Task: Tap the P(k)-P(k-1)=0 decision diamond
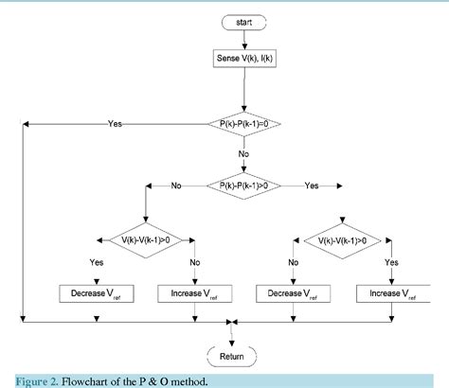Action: tap(243, 123)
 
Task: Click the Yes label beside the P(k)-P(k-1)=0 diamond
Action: tap(116, 123)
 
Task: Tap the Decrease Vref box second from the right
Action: tap(293, 293)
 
